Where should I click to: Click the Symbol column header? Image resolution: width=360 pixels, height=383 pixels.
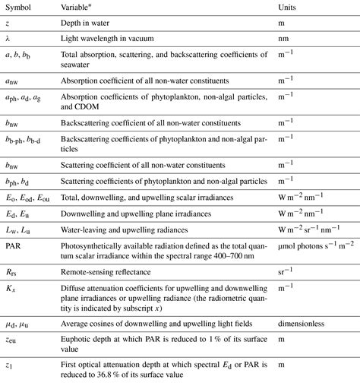pos(24,8)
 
